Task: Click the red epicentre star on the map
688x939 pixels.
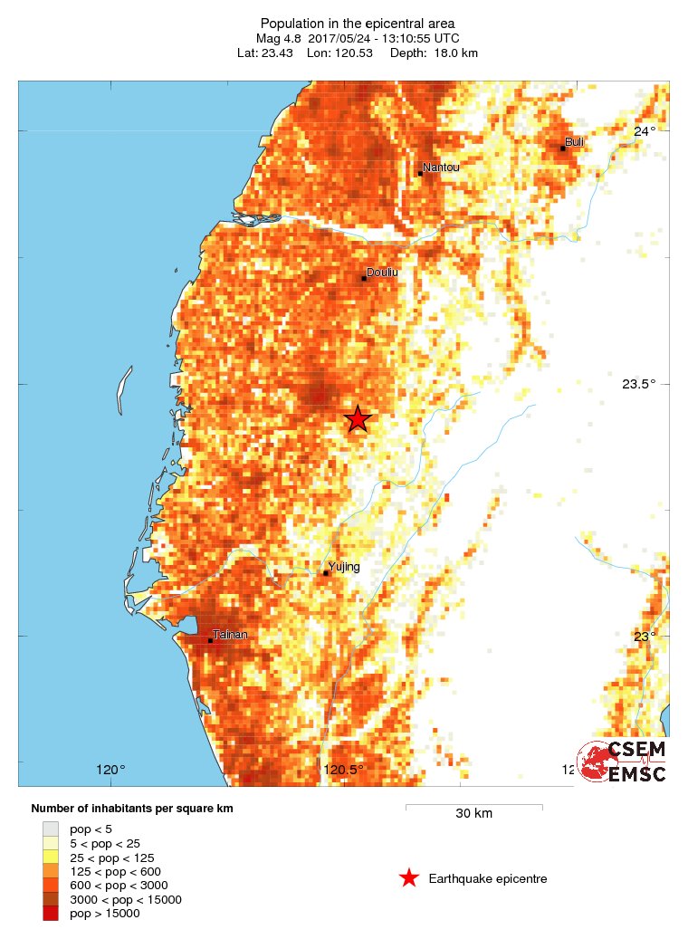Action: point(358,418)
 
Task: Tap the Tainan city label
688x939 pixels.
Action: point(229,635)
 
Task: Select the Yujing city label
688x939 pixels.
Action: point(343,567)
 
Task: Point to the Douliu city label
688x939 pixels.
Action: point(382,272)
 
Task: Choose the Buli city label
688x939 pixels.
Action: point(574,141)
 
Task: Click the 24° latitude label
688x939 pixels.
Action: point(644,131)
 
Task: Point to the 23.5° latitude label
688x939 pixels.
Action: point(638,384)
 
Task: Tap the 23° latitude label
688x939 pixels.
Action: point(644,637)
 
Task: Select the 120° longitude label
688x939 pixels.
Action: point(110,771)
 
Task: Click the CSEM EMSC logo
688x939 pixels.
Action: point(623,761)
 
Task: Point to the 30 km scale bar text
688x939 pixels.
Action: point(473,813)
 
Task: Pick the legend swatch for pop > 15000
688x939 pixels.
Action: point(51,914)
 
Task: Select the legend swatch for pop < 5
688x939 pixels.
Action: point(51,829)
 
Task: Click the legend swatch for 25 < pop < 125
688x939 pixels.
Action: point(51,857)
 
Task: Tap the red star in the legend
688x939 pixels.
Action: point(409,878)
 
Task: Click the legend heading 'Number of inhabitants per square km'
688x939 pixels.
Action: point(132,808)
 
